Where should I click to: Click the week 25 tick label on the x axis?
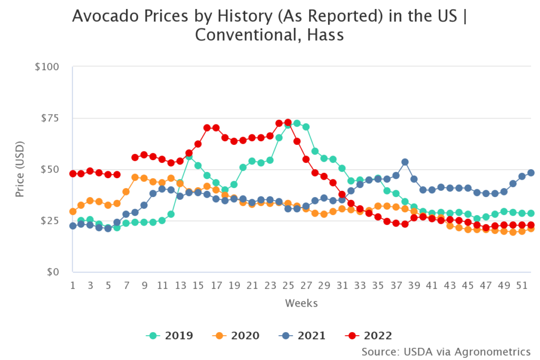pos(288,286)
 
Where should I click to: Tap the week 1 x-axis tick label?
pos(73,286)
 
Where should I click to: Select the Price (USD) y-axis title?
pos(20,169)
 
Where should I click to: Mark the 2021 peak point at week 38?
pos(405,162)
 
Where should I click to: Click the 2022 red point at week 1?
pos(73,174)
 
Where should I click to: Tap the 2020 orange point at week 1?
pos(73,211)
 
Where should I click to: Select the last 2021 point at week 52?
pos(531,173)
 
